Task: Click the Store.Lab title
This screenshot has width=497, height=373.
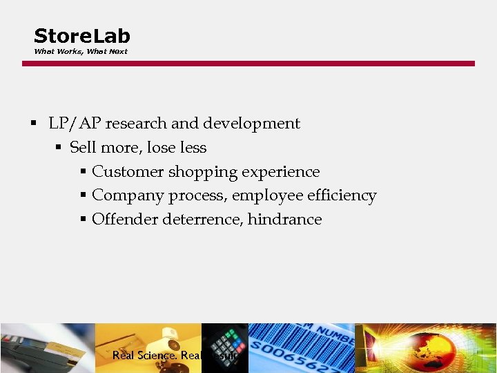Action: (x=81, y=36)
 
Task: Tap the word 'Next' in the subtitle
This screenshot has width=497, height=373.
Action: (x=118, y=52)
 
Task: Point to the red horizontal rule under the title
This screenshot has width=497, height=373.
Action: (x=248, y=64)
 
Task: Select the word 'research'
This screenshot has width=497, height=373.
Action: (x=135, y=124)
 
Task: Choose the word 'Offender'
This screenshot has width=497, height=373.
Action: (x=124, y=220)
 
